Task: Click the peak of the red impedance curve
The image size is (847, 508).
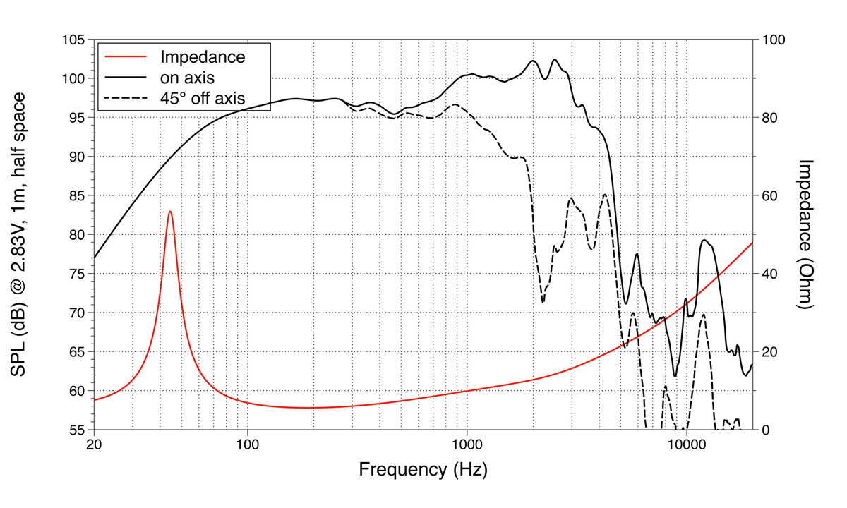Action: [169, 211]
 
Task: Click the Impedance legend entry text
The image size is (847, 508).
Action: [203, 56]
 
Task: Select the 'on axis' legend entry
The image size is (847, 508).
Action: [187, 77]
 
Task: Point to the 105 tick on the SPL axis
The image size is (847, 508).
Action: [73, 40]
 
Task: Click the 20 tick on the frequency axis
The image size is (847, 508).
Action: [94, 446]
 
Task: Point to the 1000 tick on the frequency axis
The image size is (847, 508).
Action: [467, 446]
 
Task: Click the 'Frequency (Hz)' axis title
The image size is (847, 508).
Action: [423, 470]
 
